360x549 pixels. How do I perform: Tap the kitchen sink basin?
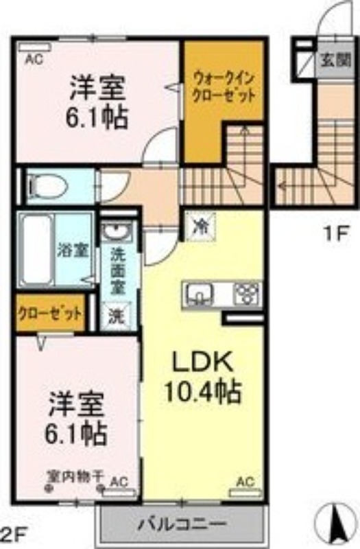pos(200,294)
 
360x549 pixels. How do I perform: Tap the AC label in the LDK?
pos(245,482)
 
